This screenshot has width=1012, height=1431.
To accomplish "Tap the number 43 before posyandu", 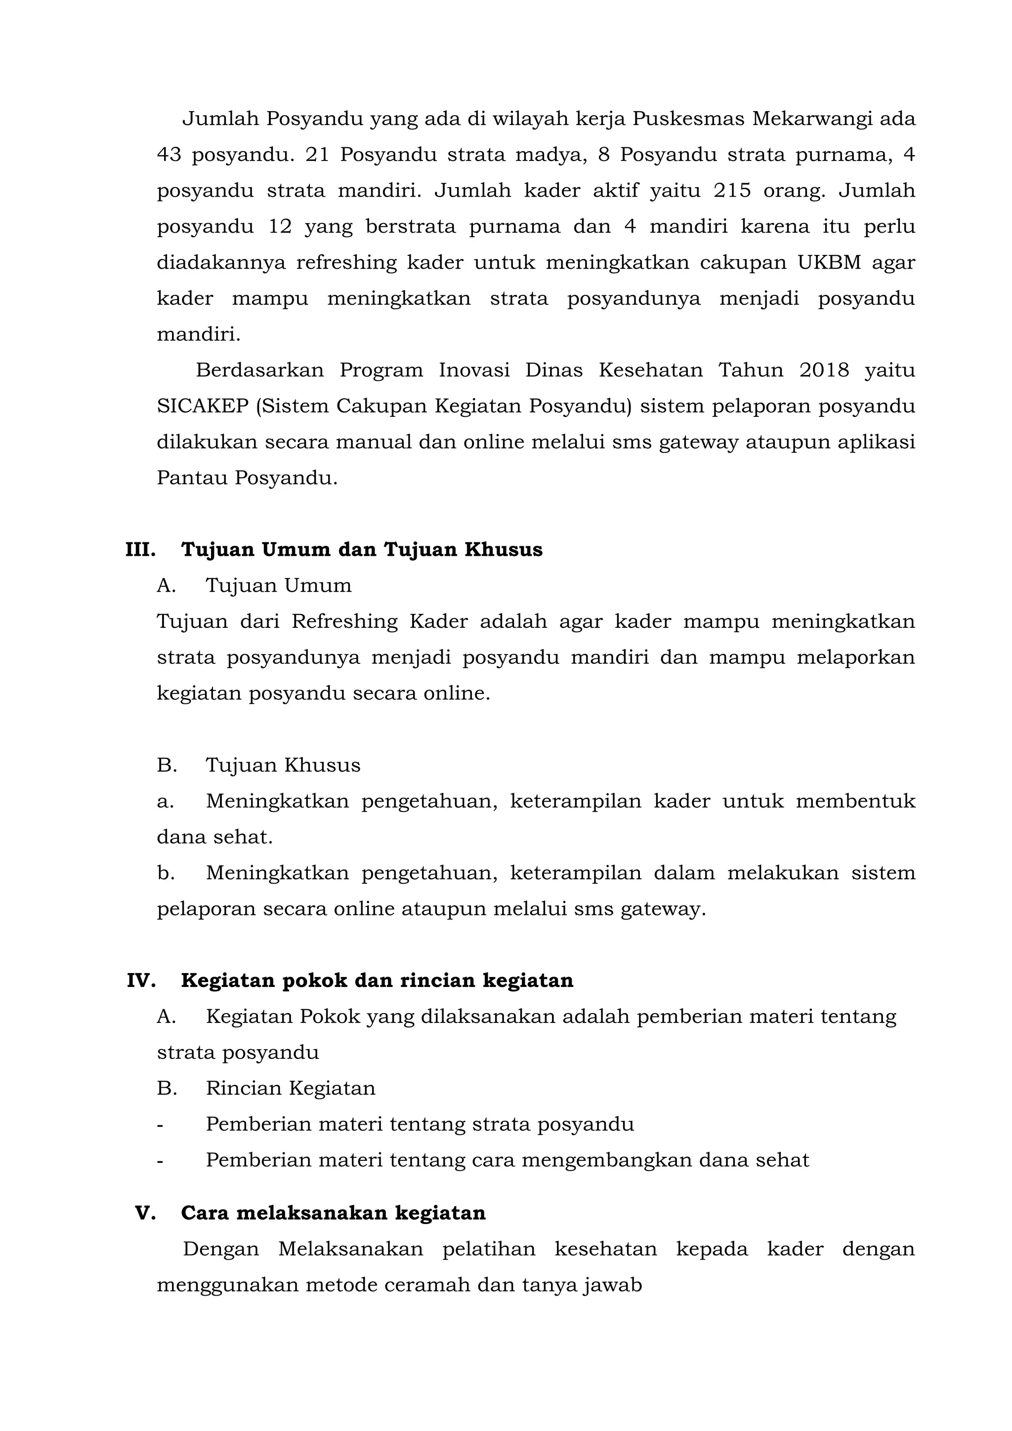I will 169,155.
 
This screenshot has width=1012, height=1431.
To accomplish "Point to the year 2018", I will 824,370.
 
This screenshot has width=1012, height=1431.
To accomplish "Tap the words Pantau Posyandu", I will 247,478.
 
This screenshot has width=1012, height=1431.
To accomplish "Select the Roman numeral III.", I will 140,550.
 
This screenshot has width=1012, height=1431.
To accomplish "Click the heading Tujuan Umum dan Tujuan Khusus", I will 362,550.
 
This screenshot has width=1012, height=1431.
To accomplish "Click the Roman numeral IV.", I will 141,981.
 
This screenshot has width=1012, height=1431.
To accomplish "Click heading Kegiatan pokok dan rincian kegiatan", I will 377,981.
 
